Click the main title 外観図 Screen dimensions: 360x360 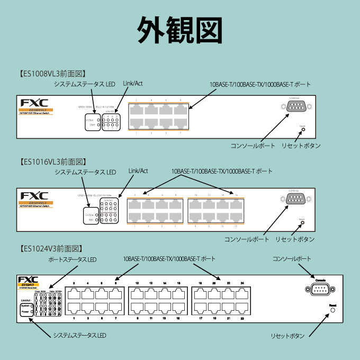click(x=179, y=29)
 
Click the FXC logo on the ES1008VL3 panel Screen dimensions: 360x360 click(x=34, y=103)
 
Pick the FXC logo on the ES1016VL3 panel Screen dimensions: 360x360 click(x=34, y=196)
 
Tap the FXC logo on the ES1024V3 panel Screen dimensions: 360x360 click(x=28, y=280)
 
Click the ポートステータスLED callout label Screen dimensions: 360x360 click(x=72, y=259)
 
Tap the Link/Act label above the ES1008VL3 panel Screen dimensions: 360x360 click(x=132, y=84)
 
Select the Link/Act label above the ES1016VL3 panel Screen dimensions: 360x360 click(x=138, y=172)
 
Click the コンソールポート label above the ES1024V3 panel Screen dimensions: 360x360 click(x=292, y=259)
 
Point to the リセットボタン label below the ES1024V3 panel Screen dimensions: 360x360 click(x=288, y=336)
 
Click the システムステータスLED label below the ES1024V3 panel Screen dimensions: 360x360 click(x=79, y=336)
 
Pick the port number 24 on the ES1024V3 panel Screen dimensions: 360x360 click(x=242, y=284)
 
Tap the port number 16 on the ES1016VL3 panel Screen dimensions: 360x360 click(x=236, y=195)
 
